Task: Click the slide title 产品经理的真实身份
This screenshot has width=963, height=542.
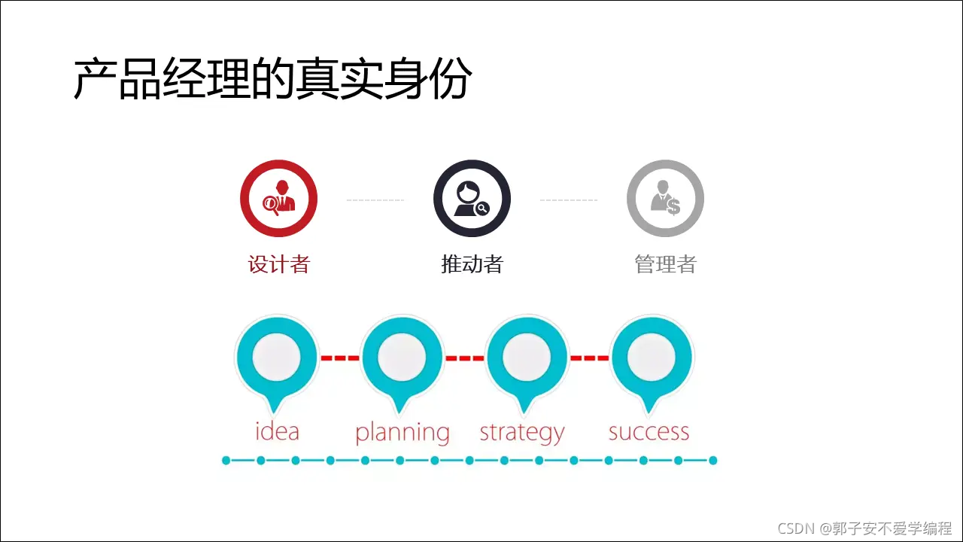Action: tap(272, 79)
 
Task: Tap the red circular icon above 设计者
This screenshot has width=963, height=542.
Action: tap(278, 199)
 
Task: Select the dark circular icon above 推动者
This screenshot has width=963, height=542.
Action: tap(472, 199)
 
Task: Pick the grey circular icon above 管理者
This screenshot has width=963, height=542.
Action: tap(665, 199)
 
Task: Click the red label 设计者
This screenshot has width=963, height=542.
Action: tap(278, 264)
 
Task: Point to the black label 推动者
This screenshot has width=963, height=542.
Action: tap(472, 264)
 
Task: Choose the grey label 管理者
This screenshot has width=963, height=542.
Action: tap(665, 264)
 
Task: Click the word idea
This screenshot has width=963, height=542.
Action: tap(277, 431)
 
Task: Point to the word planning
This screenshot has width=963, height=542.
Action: tap(402, 433)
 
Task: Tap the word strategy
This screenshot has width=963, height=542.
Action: tap(521, 433)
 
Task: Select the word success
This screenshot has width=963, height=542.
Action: tap(649, 432)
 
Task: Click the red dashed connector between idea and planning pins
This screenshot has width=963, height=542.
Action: tap(340, 358)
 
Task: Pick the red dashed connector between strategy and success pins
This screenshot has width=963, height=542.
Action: tap(589, 358)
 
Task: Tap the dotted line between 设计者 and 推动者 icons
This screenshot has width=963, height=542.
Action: tap(375, 200)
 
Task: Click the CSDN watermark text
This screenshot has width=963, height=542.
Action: tap(864, 528)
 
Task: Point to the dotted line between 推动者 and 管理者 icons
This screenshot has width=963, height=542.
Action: tap(568, 200)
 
